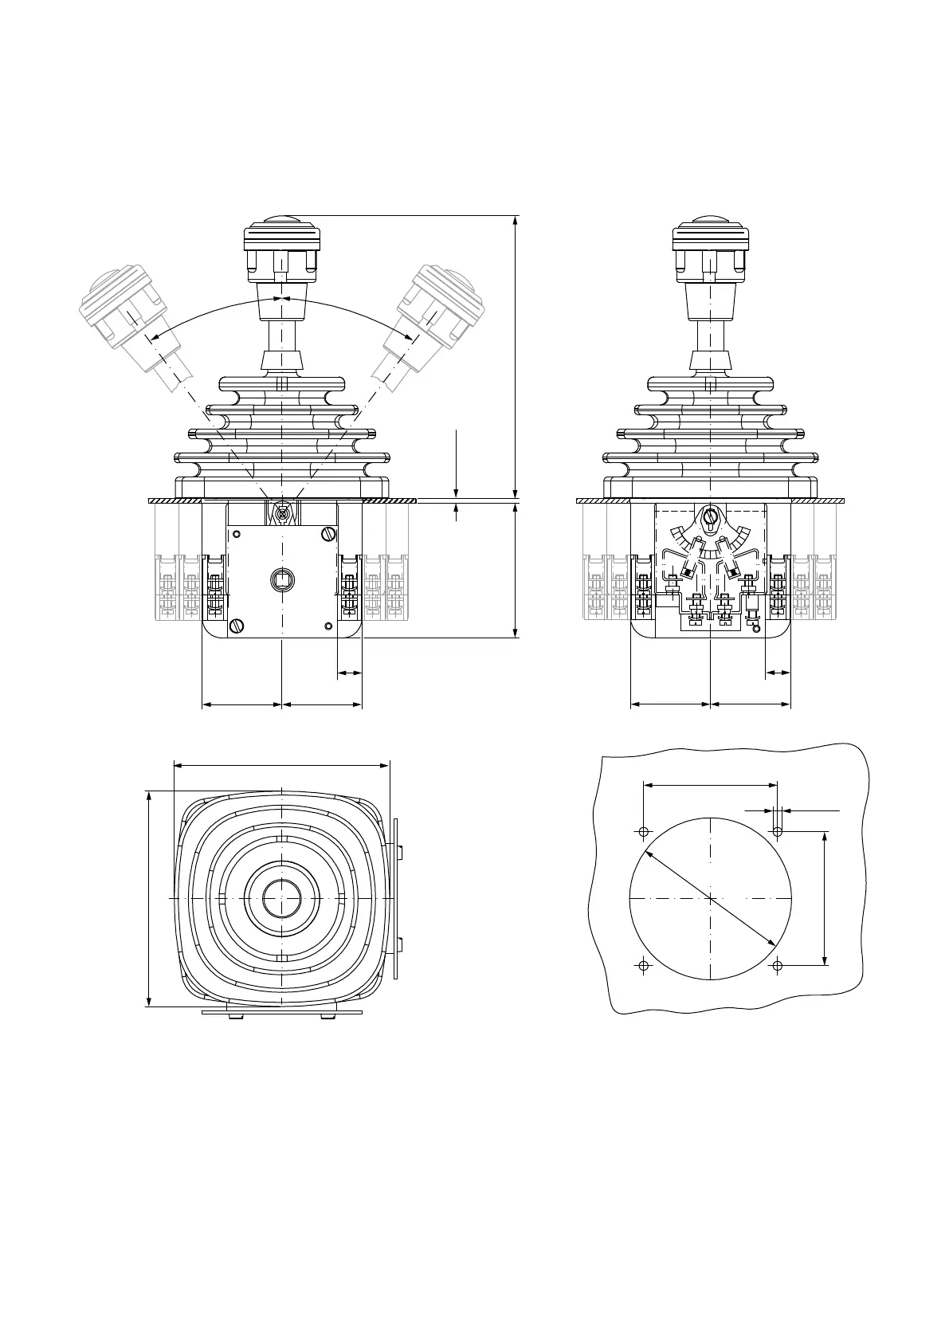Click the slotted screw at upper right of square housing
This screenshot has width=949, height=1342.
click(x=327, y=533)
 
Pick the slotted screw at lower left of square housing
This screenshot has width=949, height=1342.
click(x=236, y=626)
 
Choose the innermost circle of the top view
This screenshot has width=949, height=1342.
click(x=282, y=898)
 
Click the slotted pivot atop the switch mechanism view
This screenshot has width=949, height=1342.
click(x=710, y=518)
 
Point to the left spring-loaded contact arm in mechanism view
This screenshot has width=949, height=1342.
click(x=688, y=566)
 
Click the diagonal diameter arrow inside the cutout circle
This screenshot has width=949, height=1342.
click(x=710, y=898)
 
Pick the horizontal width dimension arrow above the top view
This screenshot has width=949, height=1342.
click(x=281, y=766)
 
